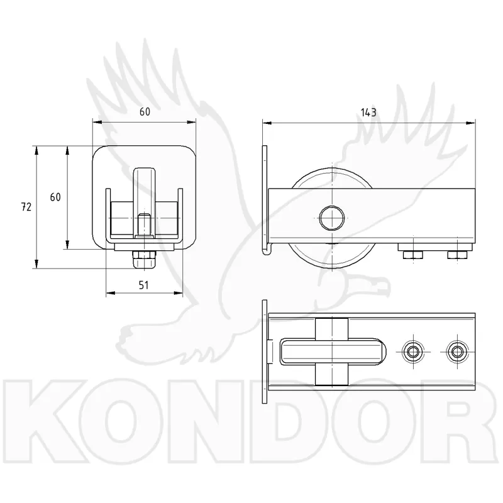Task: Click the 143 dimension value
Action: (x=368, y=113)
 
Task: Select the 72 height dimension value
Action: (x=26, y=207)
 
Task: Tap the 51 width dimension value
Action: (x=143, y=285)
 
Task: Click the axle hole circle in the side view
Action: (x=332, y=218)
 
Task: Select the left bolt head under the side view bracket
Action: (x=412, y=255)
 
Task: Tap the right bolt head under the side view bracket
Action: (x=458, y=255)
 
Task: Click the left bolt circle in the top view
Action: (x=412, y=352)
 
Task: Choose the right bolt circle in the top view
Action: (x=457, y=352)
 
